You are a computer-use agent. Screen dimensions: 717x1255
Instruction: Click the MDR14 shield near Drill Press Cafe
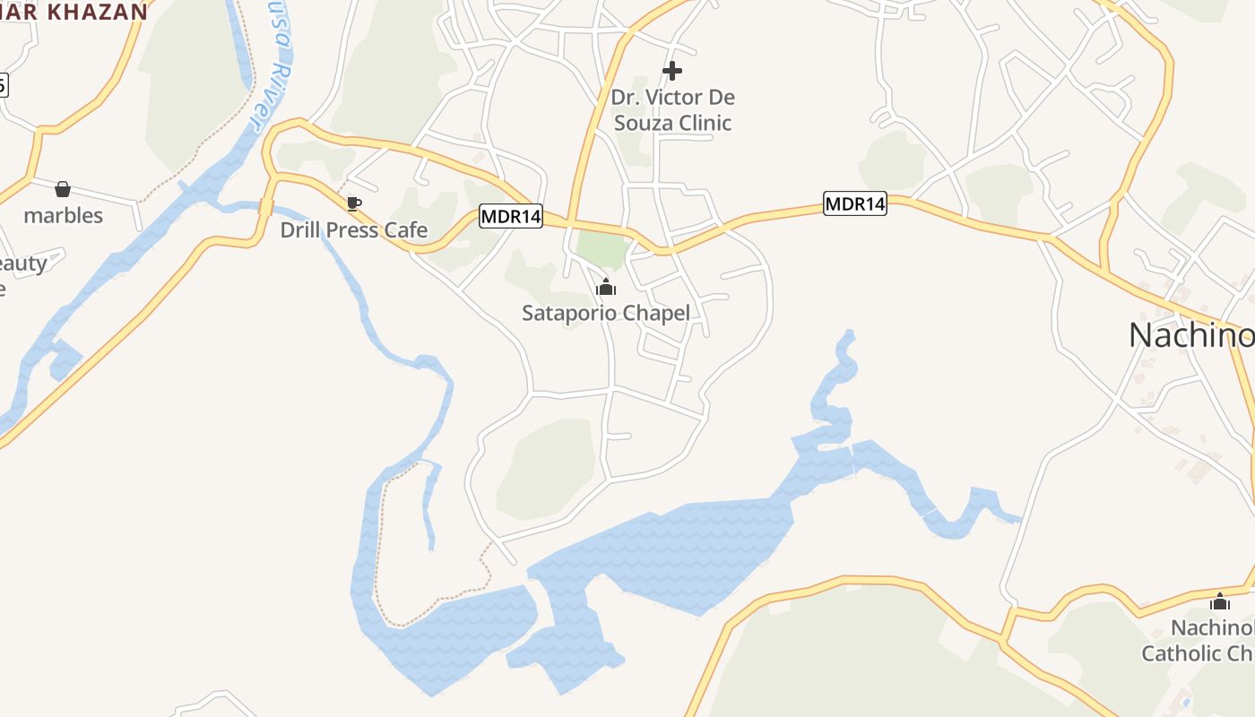tap(511, 216)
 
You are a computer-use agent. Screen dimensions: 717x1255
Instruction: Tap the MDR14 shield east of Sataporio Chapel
tap(855, 203)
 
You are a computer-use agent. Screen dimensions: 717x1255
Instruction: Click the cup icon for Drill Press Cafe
tap(354, 203)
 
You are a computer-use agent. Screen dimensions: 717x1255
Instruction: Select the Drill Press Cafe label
tap(354, 230)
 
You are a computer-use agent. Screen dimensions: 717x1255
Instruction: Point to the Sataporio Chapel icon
tap(606, 288)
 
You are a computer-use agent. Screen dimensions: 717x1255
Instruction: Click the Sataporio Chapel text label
tap(606, 313)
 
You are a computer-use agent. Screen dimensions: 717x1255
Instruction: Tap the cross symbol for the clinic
tap(672, 71)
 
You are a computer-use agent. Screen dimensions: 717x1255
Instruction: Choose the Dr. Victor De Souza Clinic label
tap(672, 109)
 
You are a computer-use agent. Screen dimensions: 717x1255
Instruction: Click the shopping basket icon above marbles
tap(63, 189)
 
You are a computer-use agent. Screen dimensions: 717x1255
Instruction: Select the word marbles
tap(63, 215)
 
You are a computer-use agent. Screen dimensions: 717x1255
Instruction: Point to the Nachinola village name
tap(1190, 335)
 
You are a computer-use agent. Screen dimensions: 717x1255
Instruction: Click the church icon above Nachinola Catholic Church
tap(1220, 601)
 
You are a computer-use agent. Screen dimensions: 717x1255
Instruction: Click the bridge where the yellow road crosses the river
tap(266, 206)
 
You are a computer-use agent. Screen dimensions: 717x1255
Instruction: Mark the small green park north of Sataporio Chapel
tap(599, 248)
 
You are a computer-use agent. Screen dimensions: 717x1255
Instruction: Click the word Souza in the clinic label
tap(644, 123)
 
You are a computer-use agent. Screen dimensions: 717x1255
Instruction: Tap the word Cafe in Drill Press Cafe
tap(406, 230)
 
